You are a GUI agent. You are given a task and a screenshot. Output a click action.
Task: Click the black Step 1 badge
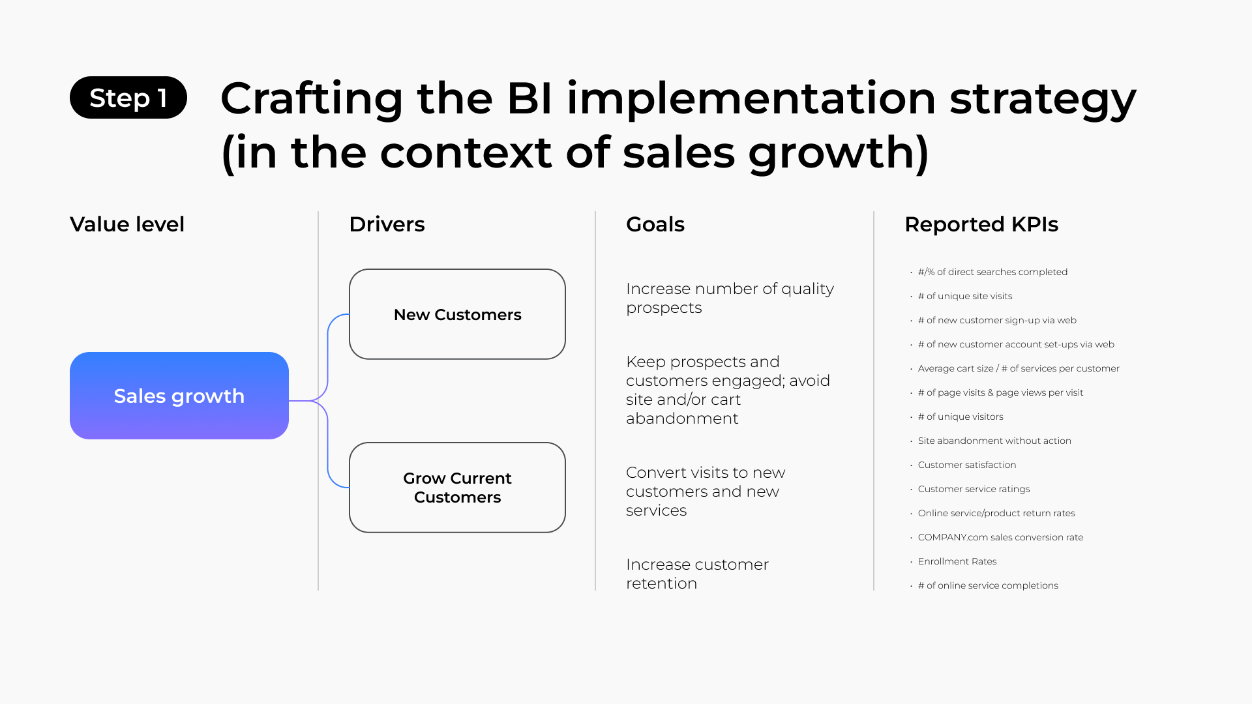tap(128, 98)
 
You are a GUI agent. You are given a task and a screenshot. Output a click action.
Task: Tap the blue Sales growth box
tap(179, 396)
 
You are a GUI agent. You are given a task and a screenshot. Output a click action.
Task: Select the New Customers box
tap(457, 314)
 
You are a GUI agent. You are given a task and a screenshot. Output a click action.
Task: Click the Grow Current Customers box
tap(457, 488)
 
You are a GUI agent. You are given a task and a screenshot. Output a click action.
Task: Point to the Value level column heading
tap(127, 224)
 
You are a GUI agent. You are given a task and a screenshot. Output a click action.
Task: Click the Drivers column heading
tap(387, 224)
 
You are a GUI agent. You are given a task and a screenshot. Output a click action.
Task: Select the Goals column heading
tap(655, 224)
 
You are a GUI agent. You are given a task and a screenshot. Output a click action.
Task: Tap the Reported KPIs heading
tap(981, 224)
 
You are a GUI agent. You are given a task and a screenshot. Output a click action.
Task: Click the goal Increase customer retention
tap(696, 574)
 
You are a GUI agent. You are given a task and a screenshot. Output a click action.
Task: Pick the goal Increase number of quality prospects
tap(729, 298)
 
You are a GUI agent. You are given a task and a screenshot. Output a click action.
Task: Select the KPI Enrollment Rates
tap(957, 561)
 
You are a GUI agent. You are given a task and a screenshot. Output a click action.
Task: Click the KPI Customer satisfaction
tap(966, 465)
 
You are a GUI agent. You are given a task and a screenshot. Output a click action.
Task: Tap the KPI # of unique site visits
tap(964, 296)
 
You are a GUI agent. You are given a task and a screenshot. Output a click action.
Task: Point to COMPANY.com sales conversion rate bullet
tap(1000, 537)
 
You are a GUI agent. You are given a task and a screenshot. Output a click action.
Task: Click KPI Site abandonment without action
tap(994, 441)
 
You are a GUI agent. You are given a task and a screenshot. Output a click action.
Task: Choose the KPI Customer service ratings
tap(974, 489)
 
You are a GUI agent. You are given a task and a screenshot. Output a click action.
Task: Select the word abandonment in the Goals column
tap(682, 418)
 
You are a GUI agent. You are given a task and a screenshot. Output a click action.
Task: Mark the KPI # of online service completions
tap(987, 585)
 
